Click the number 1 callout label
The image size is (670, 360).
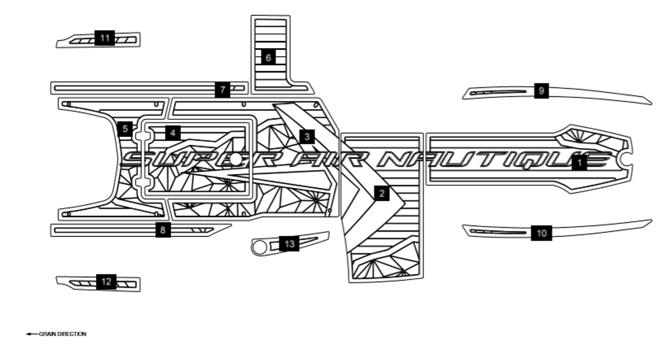579,163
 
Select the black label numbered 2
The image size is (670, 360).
382,194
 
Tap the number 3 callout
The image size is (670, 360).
307,137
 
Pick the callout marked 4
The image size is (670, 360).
173,133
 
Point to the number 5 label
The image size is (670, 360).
125,129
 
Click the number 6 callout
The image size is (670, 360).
268,58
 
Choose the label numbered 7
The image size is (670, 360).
222,90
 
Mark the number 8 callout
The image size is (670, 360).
163,230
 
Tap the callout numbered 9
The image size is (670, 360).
541,91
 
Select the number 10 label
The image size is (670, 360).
541,233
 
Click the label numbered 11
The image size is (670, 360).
105,38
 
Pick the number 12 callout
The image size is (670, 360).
106,282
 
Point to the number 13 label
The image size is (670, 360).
289,243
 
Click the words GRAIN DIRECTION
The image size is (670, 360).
63,334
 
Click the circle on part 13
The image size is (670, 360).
259,247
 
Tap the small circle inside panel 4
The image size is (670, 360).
236,159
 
